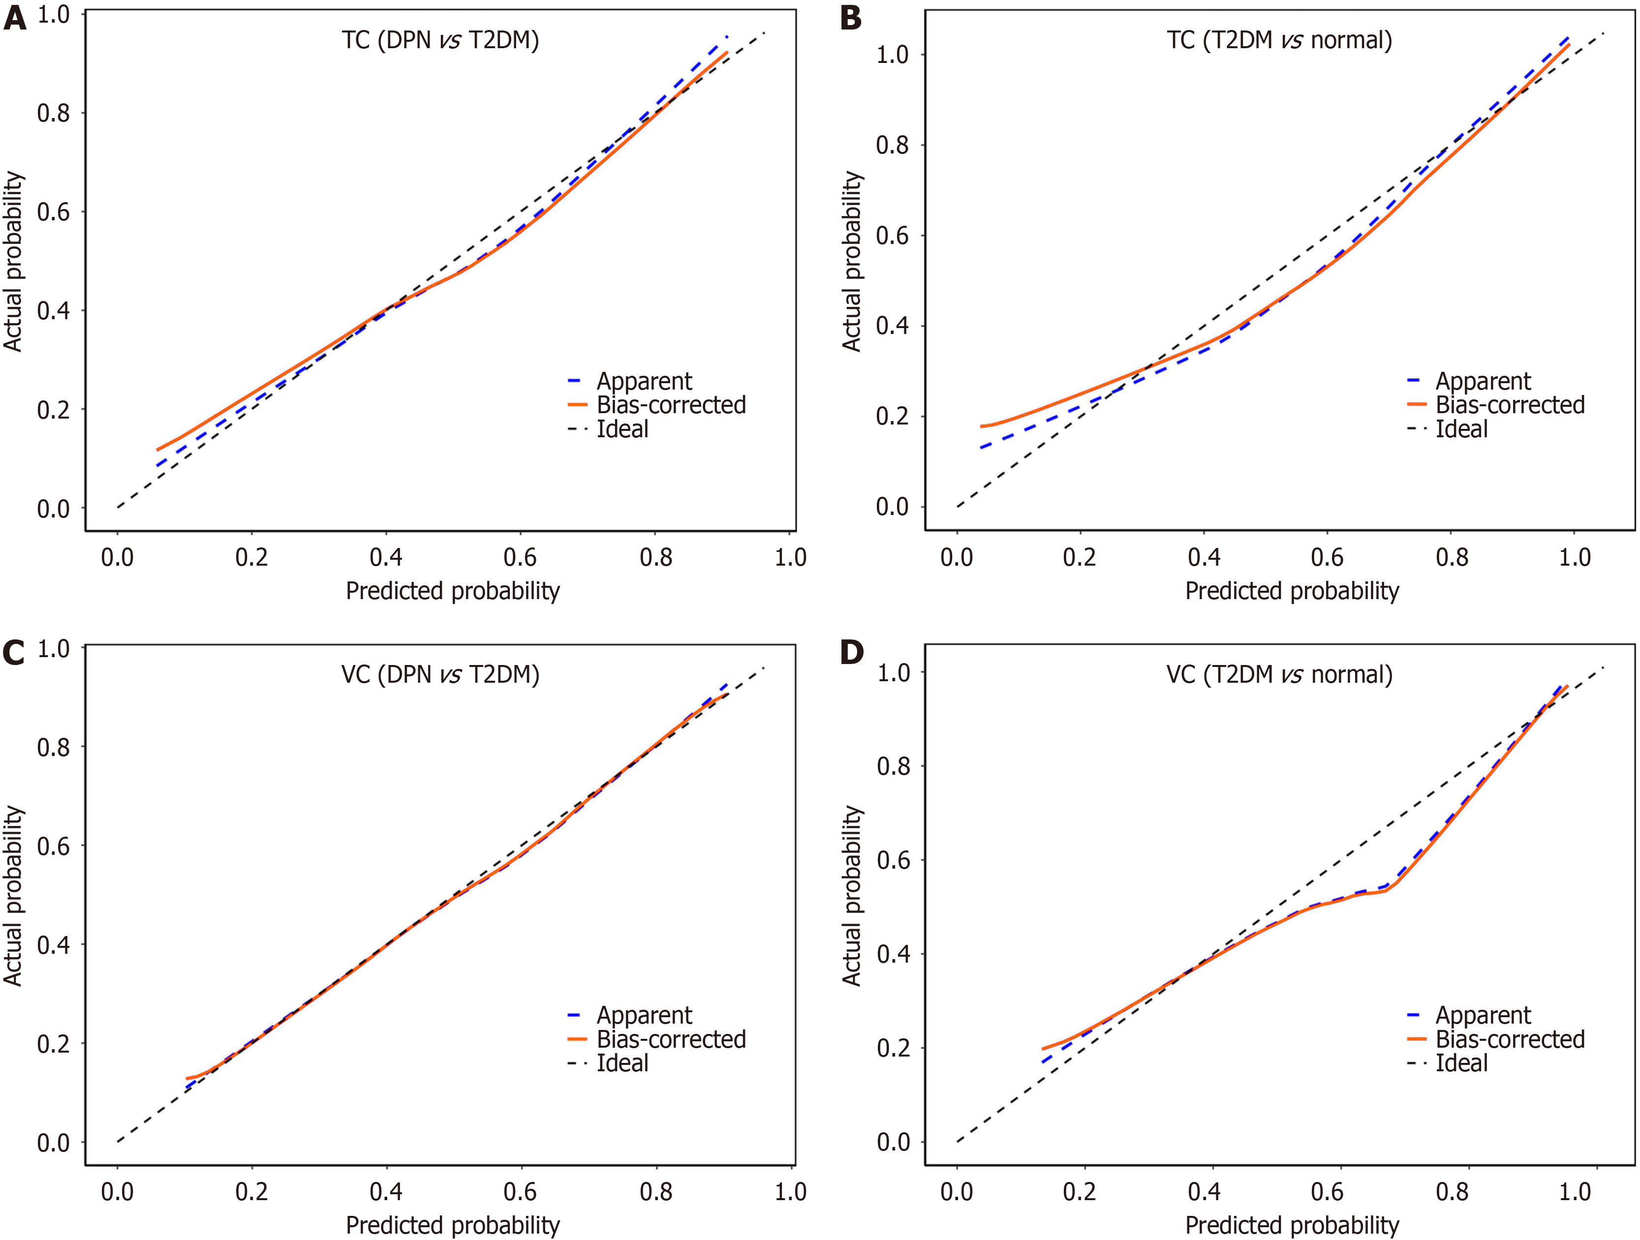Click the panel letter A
click(15, 18)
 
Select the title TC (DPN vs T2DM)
click(440, 40)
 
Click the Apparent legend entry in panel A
click(644, 382)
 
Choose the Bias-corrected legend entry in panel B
click(1510, 405)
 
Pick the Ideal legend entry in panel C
click(622, 1063)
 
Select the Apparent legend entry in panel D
click(1483, 1015)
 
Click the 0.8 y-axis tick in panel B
click(892, 145)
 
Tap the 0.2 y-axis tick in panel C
click(53, 1044)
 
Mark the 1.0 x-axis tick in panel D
click(1574, 1192)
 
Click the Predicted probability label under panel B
click(1292, 591)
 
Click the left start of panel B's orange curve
click(982, 426)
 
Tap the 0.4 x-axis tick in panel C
click(386, 1192)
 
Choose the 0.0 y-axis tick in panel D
click(893, 1142)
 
